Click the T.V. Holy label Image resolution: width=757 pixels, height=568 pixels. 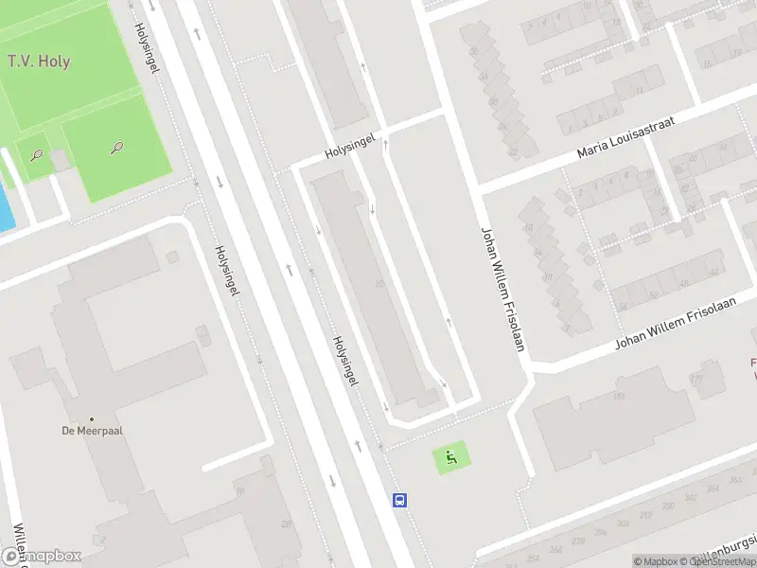click(x=39, y=62)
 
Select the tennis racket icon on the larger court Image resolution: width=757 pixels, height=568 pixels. click(x=117, y=147)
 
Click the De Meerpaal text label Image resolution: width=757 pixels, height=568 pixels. click(x=93, y=431)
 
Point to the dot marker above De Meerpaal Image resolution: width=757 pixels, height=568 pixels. click(x=92, y=418)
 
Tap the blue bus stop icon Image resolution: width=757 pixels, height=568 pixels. click(x=400, y=500)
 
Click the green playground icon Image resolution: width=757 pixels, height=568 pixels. click(x=451, y=458)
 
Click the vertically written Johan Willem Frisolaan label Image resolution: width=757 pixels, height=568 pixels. click(x=502, y=288)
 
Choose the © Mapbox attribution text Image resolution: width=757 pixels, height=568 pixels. click(x=658, y=561)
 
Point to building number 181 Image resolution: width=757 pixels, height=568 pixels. click(x=619, y=396)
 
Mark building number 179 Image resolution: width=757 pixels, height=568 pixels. click(x=696, y=379)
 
